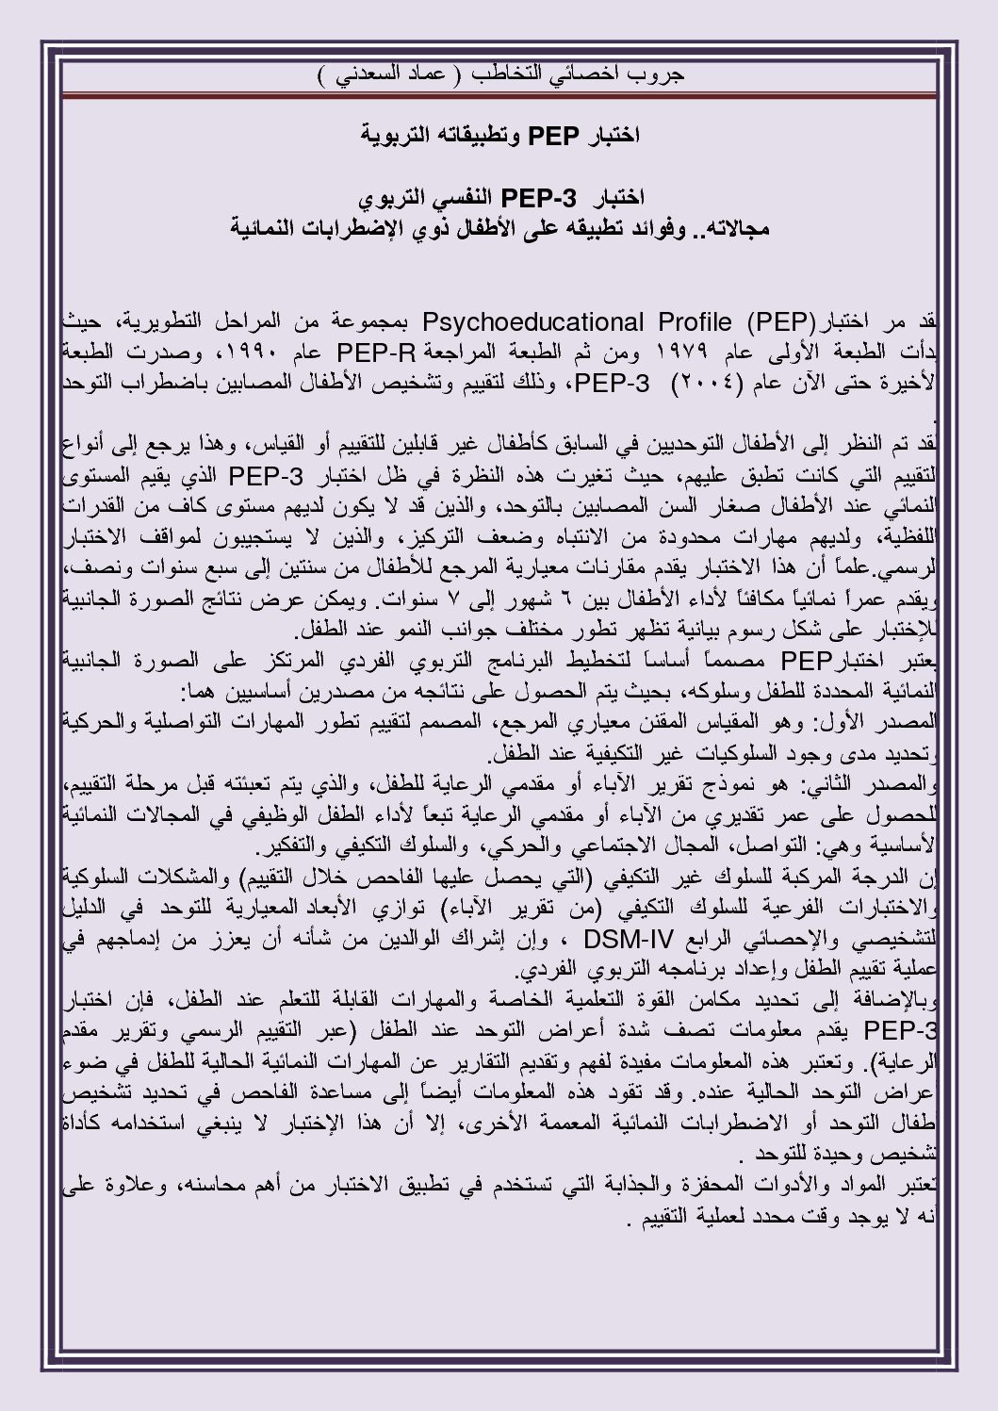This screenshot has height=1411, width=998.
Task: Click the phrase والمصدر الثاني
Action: point(876,785)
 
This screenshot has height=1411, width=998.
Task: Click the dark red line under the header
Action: point(499,96)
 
